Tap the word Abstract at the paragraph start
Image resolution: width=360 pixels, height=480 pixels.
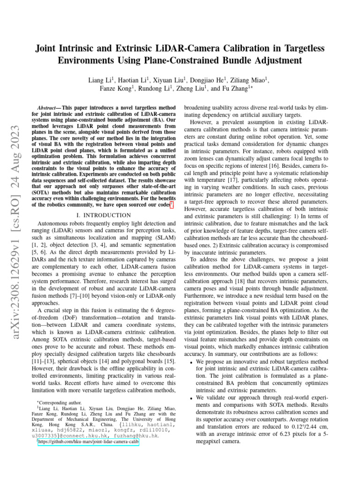click(x=48, y=107)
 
